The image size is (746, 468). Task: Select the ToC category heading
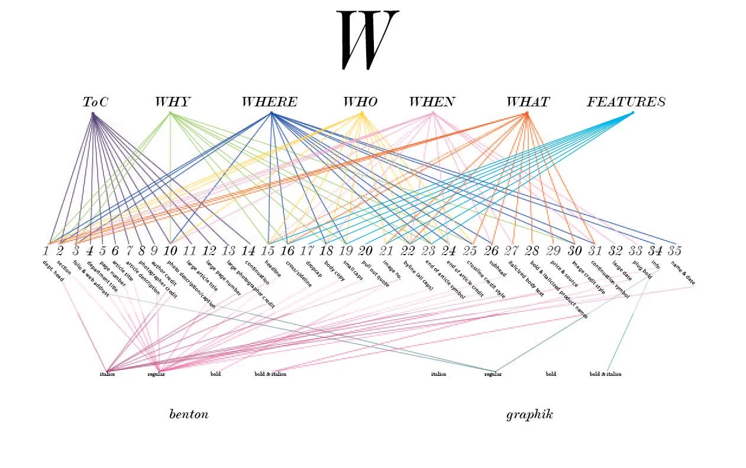(x=95, y=102)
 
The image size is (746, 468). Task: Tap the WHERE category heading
(x=269, y=102)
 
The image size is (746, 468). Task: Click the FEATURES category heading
(x=626, y=102)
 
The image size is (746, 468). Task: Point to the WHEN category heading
(x=432, y=102)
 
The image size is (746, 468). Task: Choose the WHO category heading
(x=360, y=102)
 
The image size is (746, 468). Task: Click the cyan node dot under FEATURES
(x=632, y=113)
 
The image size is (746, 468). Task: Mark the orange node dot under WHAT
(x=527, y=113)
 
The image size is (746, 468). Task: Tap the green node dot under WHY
(x=170, y=113)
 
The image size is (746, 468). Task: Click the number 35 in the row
(x=674, y=251)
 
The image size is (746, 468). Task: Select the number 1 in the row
(x=46, y=251)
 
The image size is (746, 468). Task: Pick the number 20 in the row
(x=365, y=251)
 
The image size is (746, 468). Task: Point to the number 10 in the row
(x=170, y=251)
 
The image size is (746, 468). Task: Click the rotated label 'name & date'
(x=683, y=273)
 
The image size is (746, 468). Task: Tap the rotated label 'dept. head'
(x=53, y=271)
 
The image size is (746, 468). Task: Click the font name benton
(x=189, y=414)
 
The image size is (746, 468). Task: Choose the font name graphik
(x=529, y=414)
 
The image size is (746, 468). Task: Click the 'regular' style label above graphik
(x=493, y=374)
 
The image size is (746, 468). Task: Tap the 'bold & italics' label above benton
(x=270, y=374)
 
